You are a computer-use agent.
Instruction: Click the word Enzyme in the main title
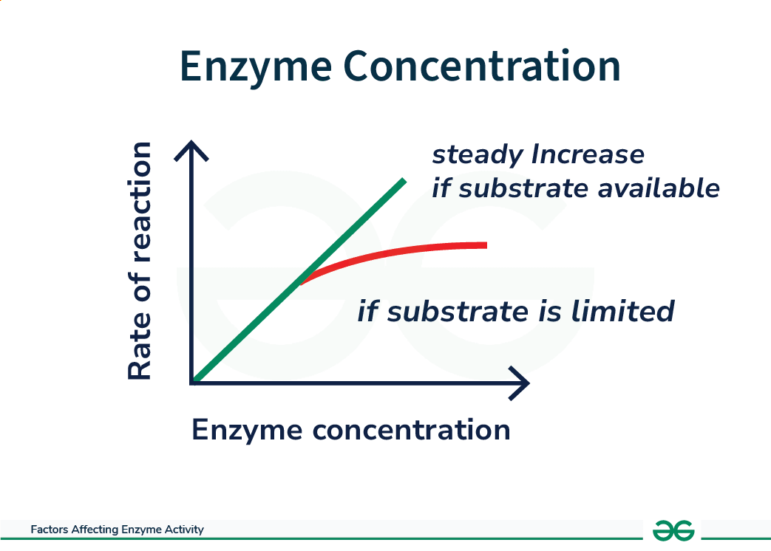point(256,68)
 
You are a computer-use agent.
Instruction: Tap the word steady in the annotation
point(477,155)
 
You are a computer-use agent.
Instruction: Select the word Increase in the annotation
point(588,154)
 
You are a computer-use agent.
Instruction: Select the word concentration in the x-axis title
point(412,430)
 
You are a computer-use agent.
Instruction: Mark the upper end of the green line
point(404,181)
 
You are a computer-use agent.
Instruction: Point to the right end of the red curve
point(486,245)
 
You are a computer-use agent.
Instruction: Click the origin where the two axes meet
point(192,383)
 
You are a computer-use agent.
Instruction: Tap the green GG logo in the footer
point(673,530)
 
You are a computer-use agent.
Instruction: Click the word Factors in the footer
point(50,530)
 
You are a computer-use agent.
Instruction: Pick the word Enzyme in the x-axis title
point(248,431)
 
